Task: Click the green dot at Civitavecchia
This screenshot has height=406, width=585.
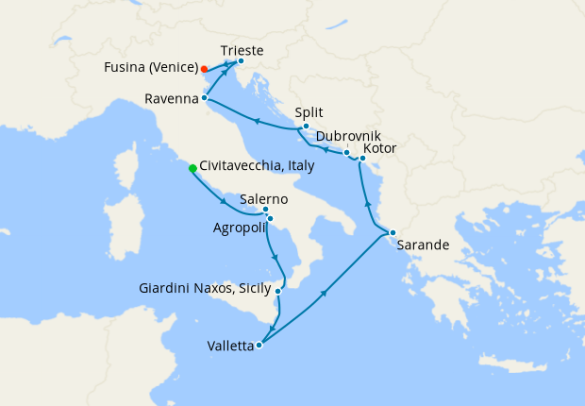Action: click(x=192, y=168)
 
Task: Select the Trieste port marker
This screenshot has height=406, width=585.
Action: click(x=241, y=61)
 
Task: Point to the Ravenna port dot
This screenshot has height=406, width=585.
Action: click(x=204, y=97)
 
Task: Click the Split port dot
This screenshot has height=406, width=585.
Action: click(x=306, y=126)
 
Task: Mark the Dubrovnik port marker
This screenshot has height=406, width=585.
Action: click(x=346, y=152)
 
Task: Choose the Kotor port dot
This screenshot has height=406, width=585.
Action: click(x=362, y=159)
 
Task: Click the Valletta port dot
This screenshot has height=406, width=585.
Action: click(x=259, y=344)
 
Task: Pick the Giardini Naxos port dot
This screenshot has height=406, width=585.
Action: click(x=278, y=291)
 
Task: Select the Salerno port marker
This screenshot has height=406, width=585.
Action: click(x=266, y=209)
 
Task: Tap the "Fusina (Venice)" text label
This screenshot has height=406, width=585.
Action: click(x=148, y=69)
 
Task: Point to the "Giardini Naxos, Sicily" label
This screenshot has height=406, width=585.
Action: click(x=204, y=288)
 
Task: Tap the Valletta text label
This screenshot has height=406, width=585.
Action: click(x=230, y=347)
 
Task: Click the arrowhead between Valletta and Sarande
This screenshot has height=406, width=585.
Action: click(x=324, y=294)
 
